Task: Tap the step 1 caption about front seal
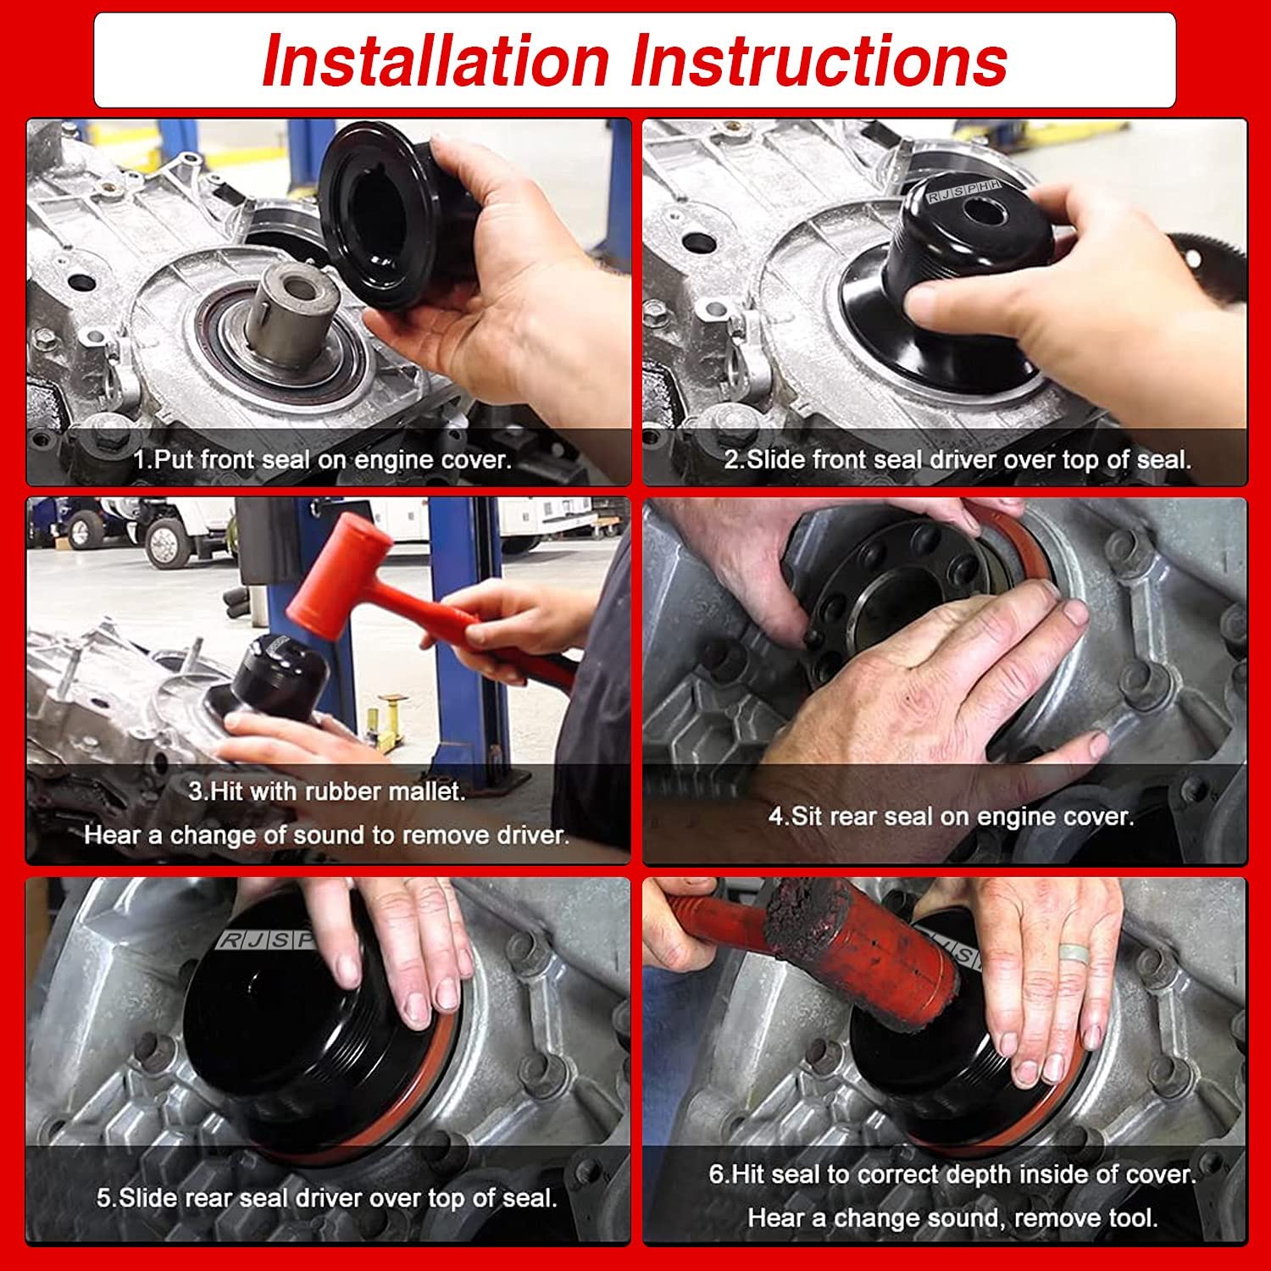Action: (323, 460)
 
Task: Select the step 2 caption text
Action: (957, 460)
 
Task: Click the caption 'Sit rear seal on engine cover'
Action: (951, 817)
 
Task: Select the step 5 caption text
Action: (327, 1198)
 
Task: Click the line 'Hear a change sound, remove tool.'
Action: (952, 1218)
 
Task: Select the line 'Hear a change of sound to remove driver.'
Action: (327, 835)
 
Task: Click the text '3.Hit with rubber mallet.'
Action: (327, 791)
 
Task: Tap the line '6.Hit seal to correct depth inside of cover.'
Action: (952, 1174)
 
